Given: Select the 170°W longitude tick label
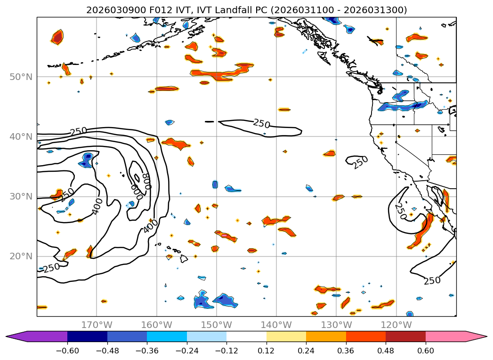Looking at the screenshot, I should (97, 325).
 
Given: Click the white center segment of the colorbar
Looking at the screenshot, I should (246, 336).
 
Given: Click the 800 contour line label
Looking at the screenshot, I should (146, 181).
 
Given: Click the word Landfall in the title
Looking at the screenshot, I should (275, 10).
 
